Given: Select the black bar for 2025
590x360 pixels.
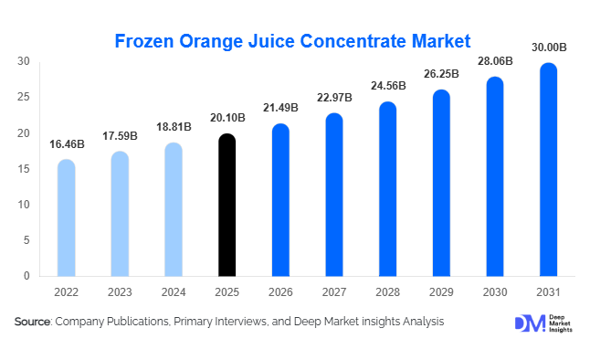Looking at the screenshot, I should [227, 206].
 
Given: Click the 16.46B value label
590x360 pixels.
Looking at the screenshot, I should [66, 143].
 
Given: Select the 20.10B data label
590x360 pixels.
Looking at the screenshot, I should [227, 117].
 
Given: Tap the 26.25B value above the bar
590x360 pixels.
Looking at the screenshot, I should [442, 74].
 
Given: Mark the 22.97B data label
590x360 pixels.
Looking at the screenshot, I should [335, 98].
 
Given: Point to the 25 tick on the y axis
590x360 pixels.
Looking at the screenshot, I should [24, 97].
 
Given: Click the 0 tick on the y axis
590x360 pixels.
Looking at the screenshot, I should [26, 276].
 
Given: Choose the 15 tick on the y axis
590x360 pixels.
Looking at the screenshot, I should [24, 169].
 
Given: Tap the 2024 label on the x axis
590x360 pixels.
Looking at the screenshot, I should [174, 293].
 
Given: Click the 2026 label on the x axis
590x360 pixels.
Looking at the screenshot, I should [281, 293].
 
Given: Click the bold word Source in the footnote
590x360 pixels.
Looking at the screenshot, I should [32, 322].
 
